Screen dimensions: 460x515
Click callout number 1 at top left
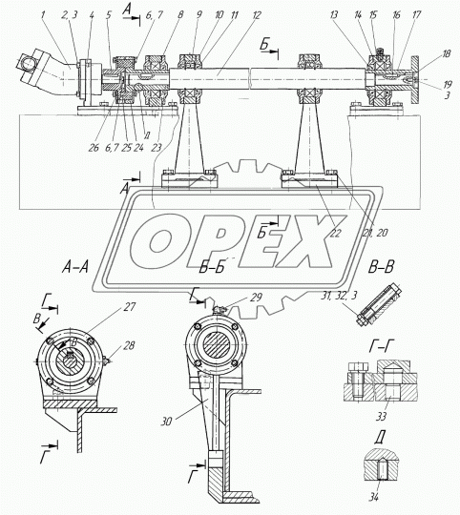point(43,14)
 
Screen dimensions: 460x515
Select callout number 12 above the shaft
point(256,14)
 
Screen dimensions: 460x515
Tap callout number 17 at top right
point(417,14)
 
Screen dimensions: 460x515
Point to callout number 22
point(336,233)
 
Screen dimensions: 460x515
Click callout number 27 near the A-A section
point(130,307)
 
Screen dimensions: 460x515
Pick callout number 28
point(129,345)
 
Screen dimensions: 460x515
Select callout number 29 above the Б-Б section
point(256,298)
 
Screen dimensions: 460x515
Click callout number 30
point(166,422)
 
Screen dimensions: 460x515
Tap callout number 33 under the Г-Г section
point(381,417)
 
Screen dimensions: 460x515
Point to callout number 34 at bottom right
point(373,498)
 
